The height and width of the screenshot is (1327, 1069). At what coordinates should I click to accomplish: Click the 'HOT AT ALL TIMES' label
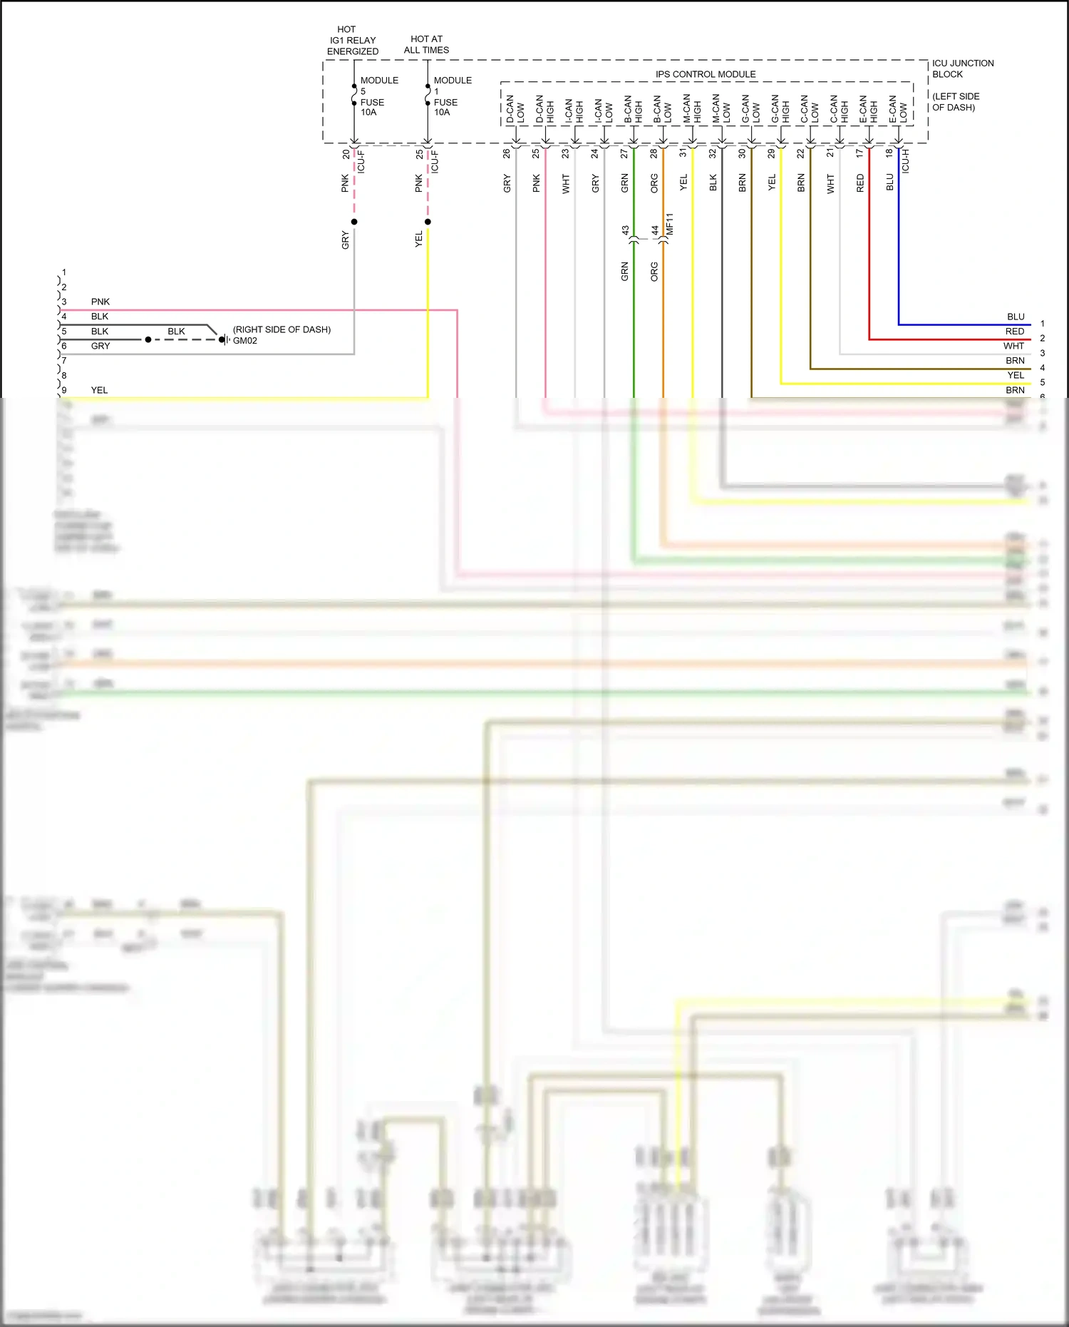click(426, 44)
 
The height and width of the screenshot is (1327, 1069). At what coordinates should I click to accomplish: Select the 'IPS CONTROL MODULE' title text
click(706, 74)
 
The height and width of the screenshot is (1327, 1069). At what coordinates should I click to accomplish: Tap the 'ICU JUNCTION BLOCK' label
click(962, 68)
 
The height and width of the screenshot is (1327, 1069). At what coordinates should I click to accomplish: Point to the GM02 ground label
click(245, 341)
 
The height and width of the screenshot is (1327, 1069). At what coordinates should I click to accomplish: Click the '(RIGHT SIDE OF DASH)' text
click(282, 329)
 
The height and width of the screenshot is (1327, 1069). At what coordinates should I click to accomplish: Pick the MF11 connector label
click(669, 224)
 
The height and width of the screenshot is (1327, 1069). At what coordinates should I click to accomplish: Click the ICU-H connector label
click(906, 161)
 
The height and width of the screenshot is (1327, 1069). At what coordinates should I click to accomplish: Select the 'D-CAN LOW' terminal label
click(515, 109)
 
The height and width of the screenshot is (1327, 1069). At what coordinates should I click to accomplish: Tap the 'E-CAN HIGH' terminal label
click(868, 109)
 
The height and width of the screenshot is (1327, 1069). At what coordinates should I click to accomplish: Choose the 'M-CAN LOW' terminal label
click(721, 109)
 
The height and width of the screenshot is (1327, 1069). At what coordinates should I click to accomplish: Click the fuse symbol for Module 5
click(354, 95)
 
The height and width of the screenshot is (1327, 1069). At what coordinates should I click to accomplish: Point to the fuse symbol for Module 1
click(428, 95)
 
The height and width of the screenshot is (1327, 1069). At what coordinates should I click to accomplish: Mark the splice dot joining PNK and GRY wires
click(354, 222)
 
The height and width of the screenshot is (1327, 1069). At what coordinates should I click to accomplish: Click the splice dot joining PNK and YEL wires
click(428, 222)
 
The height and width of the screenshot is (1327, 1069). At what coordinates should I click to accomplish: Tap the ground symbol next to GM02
click(224, 339)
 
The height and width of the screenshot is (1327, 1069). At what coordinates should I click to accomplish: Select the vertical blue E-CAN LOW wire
click(899, 242)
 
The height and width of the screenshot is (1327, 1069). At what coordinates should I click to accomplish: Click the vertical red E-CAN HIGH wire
click(869, 242)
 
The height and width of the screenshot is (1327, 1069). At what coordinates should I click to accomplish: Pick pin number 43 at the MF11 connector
click(625, 230)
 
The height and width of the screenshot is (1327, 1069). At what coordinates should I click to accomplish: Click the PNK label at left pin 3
click(100, 302)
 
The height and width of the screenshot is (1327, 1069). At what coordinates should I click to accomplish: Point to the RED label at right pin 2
click(1015, 332)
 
